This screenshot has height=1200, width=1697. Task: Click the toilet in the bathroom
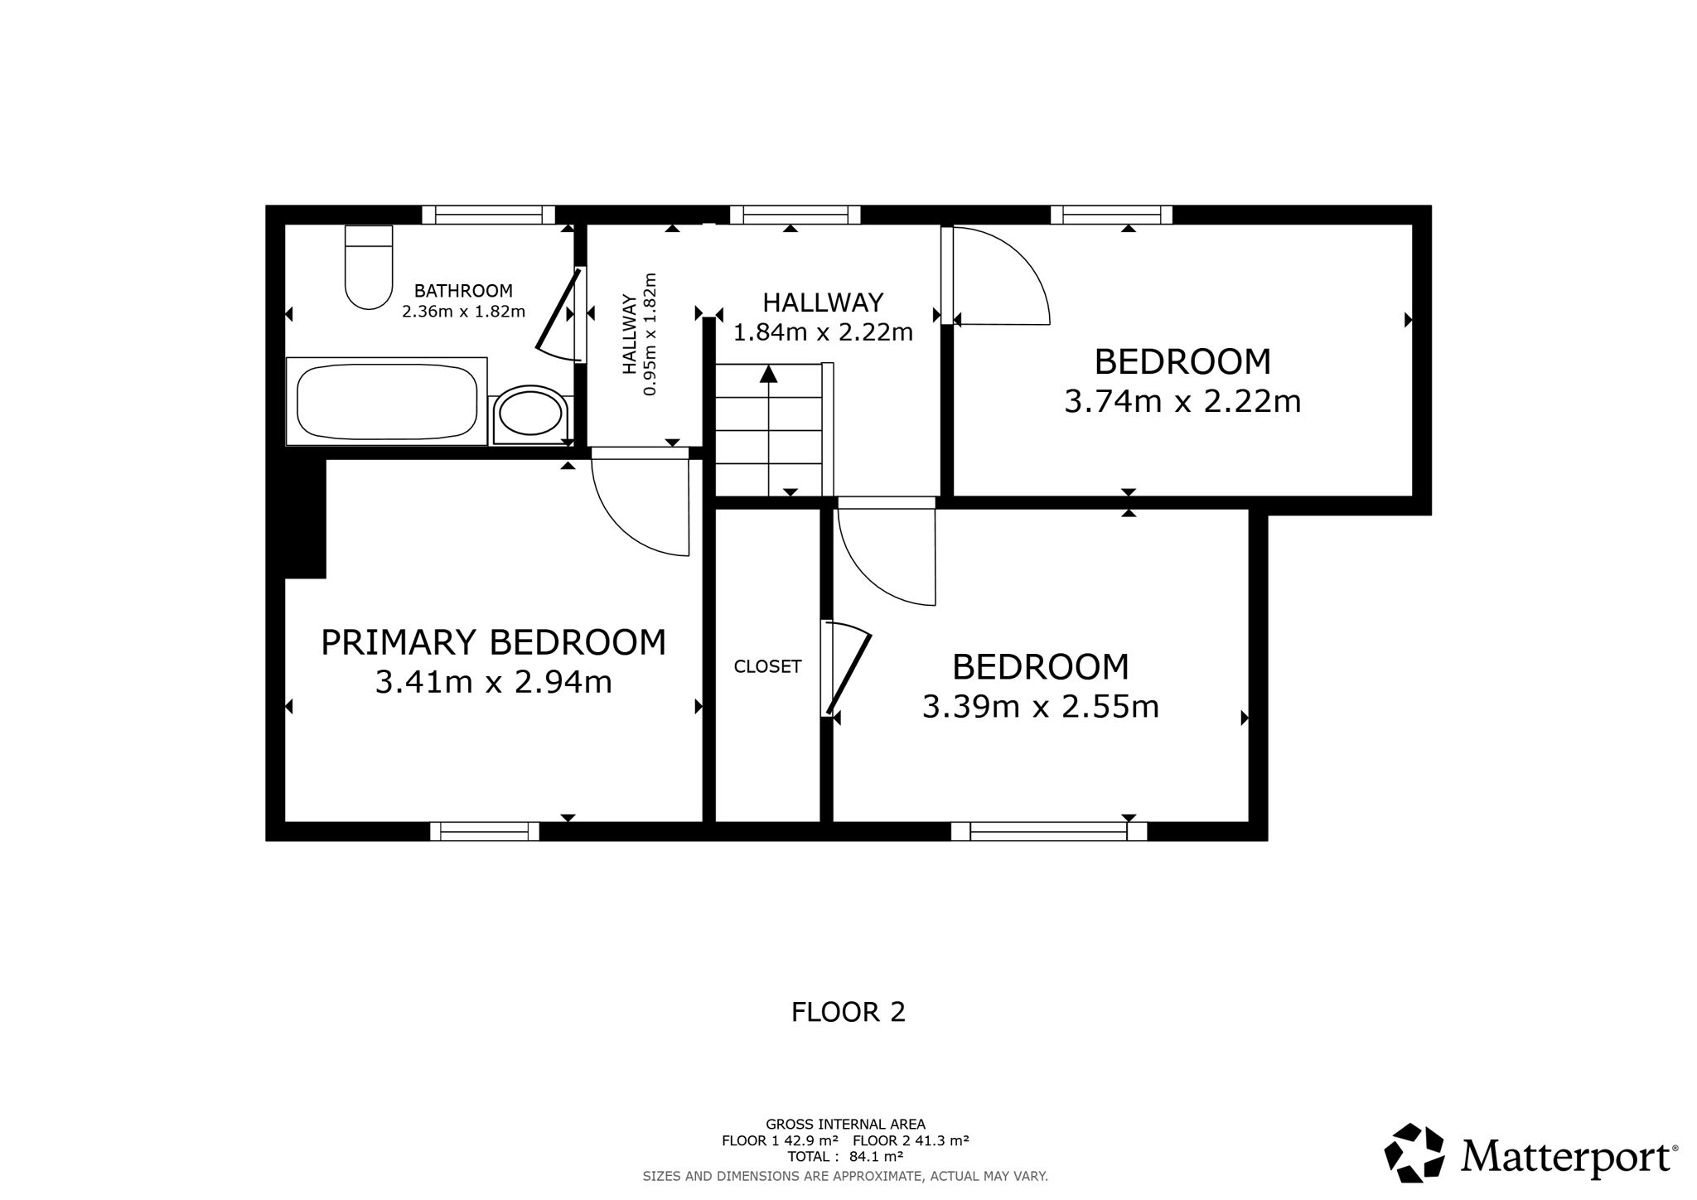(x=369, y=267)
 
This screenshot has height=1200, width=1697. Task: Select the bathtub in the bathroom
(x=387, y=401)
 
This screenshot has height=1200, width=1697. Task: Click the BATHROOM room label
(x=463, y=291)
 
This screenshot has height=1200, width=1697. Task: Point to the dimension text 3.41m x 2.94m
(x=494, y=682)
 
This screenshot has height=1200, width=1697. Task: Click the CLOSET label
(x=768, y=666)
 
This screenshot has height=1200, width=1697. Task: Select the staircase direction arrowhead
(x=769, y=374)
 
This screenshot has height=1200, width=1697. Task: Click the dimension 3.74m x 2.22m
(x=1182, y=402)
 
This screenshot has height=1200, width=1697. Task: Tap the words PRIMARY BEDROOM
(x=494, y=642)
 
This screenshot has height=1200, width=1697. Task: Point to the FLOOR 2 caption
(x=848, y=1012)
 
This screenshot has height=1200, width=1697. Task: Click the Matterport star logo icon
(x=1415, y=1153)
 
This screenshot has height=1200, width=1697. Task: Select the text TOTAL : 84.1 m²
(x=845, y=1156)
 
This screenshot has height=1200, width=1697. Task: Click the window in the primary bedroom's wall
(x=485, y=831)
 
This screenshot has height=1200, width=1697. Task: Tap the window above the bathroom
(x=488, y=215)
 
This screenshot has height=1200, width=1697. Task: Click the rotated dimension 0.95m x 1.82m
(x=640, y=334)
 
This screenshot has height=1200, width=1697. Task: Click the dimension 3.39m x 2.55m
(x=1041, y=707)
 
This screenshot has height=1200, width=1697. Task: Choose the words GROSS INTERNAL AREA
(x=845, y=1125)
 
